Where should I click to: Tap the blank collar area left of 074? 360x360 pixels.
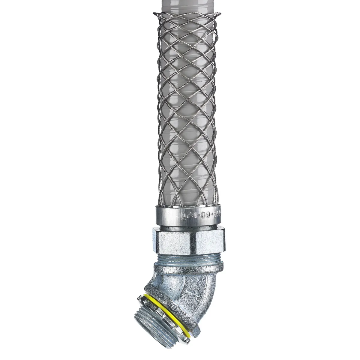(x=166, y=214)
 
